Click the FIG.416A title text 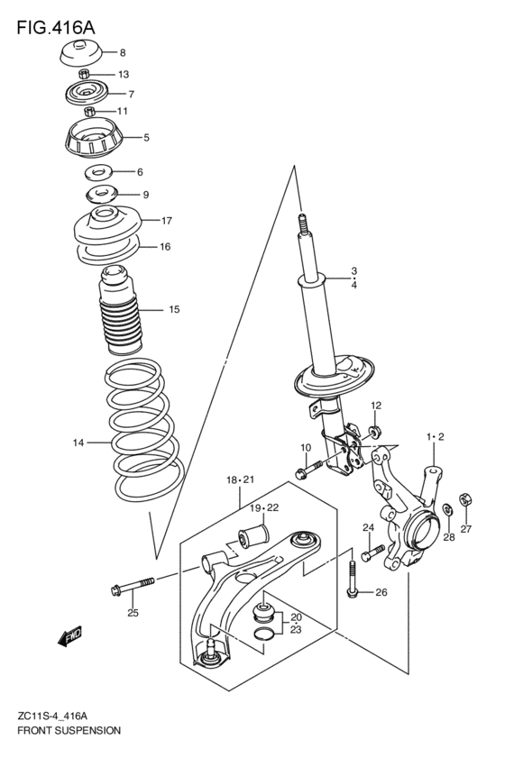[x=56, y=28]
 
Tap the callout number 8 [x=123, y=52]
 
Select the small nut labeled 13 [x=84, y=74]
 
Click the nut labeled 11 [x=89, y=111]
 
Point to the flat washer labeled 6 [x=98, y=171]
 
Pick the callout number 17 [x=166, y=221]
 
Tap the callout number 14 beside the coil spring [x=78, y=443]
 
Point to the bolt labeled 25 [x=133, y=586]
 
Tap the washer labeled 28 [x=446, y=510]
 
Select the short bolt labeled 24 [x=372, y=553]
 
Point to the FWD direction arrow [x=70, y=636]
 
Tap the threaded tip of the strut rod [x=303, y=224]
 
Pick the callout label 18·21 [x=240, y=479]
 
